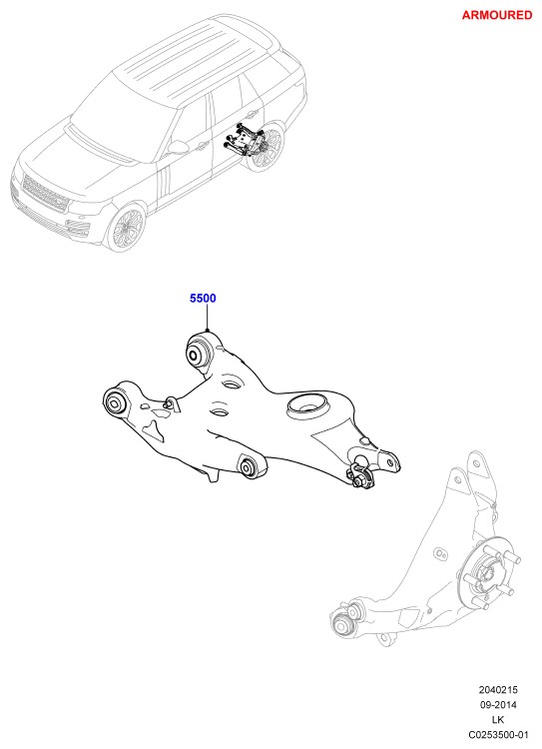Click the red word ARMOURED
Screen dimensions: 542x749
point(497,15)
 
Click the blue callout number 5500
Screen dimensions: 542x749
point(203,298)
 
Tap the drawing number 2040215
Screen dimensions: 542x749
point(498,690)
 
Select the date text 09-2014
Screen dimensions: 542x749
point(498,705)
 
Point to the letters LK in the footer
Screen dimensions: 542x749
point(498,719)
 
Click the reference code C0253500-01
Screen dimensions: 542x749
point(498,734)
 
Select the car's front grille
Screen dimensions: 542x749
point(44,194)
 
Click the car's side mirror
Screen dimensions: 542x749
point(178,147)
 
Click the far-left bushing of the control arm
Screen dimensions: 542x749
point(115,402)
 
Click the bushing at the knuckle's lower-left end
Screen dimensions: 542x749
point(343,622)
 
